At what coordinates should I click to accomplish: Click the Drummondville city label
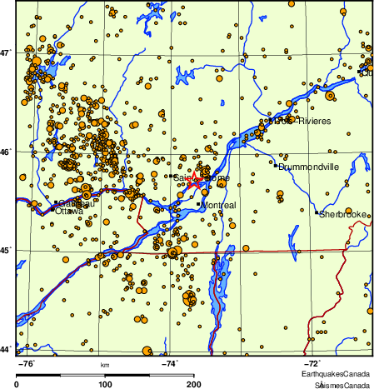[309, 167]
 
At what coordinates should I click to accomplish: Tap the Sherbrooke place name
[344, 214]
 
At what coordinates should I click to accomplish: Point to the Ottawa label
[68, 211]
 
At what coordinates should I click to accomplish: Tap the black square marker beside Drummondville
[276, 165]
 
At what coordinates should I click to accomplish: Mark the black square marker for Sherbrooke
[317, 213]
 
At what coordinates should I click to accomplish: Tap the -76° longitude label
[27, 363]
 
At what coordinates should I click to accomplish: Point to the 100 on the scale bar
[106, 385]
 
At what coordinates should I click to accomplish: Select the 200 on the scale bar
[193, 385]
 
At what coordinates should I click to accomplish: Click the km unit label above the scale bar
[105, 365]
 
